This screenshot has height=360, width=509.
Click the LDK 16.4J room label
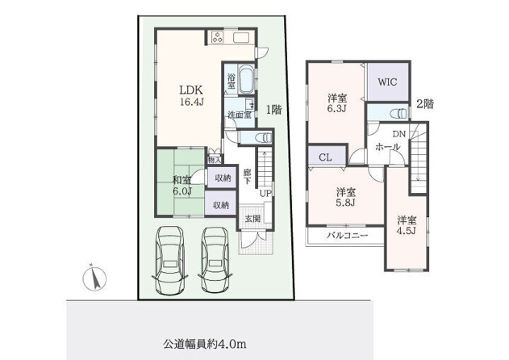[192, 96]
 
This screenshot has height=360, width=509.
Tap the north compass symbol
[95, 278]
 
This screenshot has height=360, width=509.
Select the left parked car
[170, 260]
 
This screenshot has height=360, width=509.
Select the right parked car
[215, 260]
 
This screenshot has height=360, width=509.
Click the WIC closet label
[387, 82]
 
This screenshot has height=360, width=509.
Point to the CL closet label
[325, 158]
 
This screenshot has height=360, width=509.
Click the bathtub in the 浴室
[246, 79]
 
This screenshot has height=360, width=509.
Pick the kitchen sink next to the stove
[241, 37]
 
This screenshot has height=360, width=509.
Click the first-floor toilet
[264, 138]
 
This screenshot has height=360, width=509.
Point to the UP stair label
[265, 194]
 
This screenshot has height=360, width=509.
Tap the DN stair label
[399, 134]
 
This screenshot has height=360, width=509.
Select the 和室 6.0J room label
[182, 185]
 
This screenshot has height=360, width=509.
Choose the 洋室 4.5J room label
[406, 226]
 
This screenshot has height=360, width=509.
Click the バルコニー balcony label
[347, 236]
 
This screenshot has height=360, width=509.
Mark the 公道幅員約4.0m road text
[204, 344]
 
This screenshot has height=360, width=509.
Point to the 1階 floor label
[274, 110]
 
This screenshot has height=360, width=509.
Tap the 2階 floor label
[425, 104]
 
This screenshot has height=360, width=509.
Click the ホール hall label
[387, 147]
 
